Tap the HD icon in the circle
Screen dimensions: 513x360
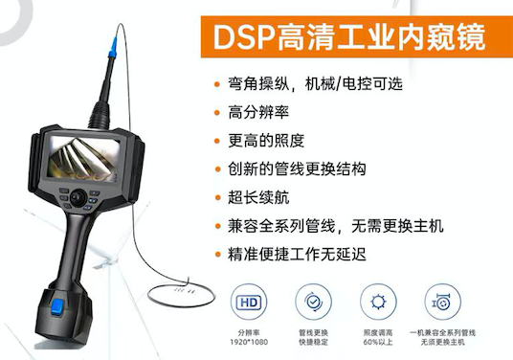click(249, 302)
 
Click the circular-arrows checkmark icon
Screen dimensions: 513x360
click(313, 302)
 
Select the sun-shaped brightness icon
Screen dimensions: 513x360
click(378, 302)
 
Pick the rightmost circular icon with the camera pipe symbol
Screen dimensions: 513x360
click(443, 302)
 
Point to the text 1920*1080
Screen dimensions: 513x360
click(249, 343)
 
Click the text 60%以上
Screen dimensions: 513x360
click(378, 343)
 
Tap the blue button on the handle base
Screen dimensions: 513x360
click(57, 307)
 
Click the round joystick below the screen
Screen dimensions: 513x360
click(78, 197)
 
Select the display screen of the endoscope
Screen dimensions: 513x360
click(83, 158)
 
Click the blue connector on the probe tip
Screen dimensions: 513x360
click(113, 48)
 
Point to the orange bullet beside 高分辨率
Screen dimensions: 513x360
click(217, 113)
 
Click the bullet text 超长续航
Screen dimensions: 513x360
click(258, 197)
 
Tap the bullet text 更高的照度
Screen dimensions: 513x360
click(266, 141)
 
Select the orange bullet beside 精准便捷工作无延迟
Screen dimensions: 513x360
click(217, 255)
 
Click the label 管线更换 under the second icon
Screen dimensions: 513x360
click(313, 333)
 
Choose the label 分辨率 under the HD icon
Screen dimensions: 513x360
click(249, 333)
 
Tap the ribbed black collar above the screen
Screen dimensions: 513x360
click(100, 115)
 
